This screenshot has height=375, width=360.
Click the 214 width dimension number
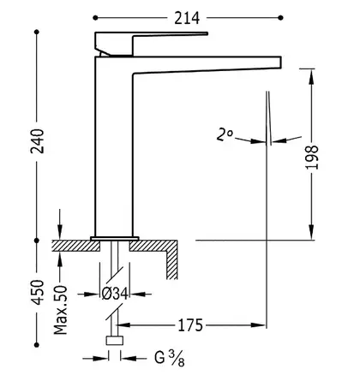(x=187, y=18)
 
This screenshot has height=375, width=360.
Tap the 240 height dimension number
(x=38, y=141)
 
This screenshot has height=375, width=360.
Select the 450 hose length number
(x=38, y=293)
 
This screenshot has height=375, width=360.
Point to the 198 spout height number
(x=312, y=158)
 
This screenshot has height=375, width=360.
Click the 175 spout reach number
(x=190, y=325)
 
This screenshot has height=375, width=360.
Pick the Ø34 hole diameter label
(x=115, y=294)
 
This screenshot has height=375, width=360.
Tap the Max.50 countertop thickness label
(x=61, y=310)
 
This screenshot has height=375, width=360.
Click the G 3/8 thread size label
(x=170, y=359)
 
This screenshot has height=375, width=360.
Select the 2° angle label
(x=225, y=134)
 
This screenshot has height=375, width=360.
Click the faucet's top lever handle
(x=151, y=43)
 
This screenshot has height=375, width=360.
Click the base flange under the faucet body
(x=115, y=239)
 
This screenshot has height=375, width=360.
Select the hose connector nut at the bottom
(x=115, y=341)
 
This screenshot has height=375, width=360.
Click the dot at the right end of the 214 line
(x=280, y=18)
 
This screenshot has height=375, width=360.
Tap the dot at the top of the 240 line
(x=37, y=32)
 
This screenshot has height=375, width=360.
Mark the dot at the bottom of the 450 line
(x=37, y=345)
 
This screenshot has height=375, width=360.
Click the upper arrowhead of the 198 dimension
(x=311, y=76)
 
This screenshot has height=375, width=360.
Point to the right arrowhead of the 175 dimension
(x=258, y=324)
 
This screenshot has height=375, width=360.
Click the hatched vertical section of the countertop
(x=171, y=259)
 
